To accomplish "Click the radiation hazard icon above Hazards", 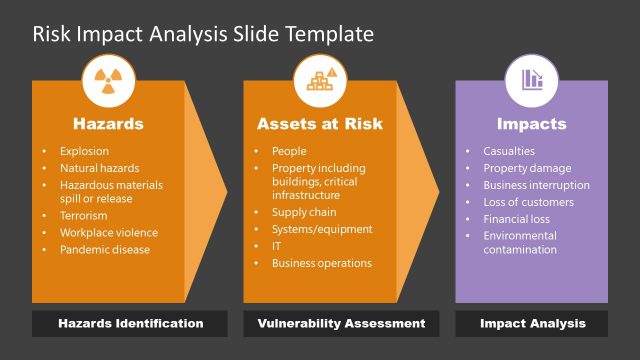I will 108,81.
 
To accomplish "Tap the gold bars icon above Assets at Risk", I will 319,81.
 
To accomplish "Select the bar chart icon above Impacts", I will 531,81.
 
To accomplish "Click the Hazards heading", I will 108,125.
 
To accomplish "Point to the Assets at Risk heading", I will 319,125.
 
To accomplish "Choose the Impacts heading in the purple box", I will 531,125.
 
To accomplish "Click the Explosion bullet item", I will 84,152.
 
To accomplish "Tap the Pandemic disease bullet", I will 104,249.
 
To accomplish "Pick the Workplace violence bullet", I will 108,233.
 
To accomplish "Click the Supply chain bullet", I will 304,213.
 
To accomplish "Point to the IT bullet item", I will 277,246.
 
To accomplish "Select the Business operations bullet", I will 321,263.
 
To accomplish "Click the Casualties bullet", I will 508,152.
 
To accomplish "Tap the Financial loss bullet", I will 517,218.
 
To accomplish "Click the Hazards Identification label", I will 130,324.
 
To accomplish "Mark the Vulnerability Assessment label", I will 341,324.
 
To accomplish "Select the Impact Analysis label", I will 532,324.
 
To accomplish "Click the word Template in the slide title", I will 330,35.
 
